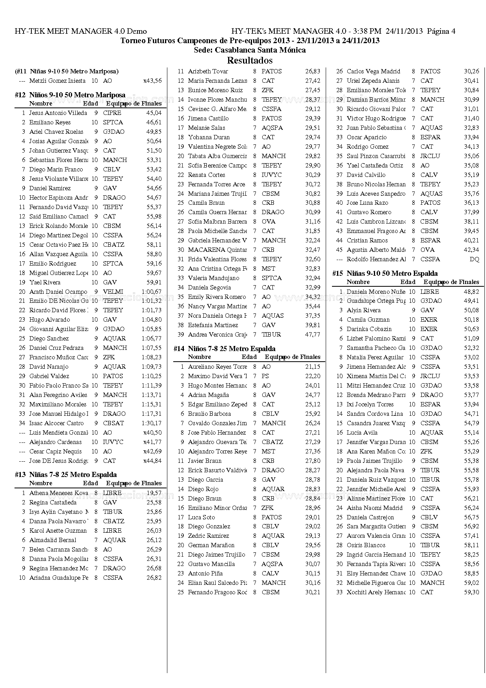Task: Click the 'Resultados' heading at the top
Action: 250,60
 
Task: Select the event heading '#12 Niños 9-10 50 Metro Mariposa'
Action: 70,95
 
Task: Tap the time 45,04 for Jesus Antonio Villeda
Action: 154,113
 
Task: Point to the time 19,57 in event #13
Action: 154,493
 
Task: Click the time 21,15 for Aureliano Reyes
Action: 312,367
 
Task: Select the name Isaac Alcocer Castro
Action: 56,423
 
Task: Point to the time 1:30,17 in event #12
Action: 151,423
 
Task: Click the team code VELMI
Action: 113,292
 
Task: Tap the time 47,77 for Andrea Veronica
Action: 312,335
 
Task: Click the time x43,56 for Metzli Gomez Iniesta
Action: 152,81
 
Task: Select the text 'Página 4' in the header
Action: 441,31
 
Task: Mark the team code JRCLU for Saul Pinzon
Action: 430,156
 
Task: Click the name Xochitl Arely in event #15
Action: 375,592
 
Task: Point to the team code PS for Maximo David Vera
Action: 265,376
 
